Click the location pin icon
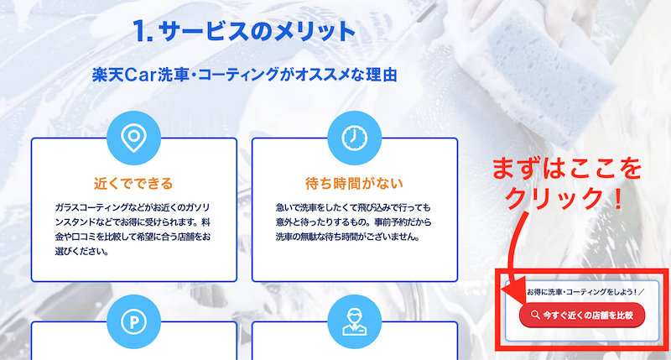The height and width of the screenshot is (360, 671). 133,138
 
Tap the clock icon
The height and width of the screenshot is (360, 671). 354,138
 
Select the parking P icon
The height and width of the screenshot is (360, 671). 133,321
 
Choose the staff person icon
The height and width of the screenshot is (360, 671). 354,321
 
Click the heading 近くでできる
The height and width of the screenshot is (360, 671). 133,184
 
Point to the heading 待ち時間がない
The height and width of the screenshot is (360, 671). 354,184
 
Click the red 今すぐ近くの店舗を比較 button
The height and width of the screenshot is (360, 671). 582,315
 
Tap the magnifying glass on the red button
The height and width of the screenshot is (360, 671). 535,315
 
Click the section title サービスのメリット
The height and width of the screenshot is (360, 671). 257,31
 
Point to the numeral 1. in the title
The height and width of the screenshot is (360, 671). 143,31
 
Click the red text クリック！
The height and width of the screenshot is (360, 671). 564,198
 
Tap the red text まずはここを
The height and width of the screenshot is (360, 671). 567,168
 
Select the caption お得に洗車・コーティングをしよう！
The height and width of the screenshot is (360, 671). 582,292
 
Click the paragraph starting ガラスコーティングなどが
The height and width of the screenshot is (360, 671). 133,229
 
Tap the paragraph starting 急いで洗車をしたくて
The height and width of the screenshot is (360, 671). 353,222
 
